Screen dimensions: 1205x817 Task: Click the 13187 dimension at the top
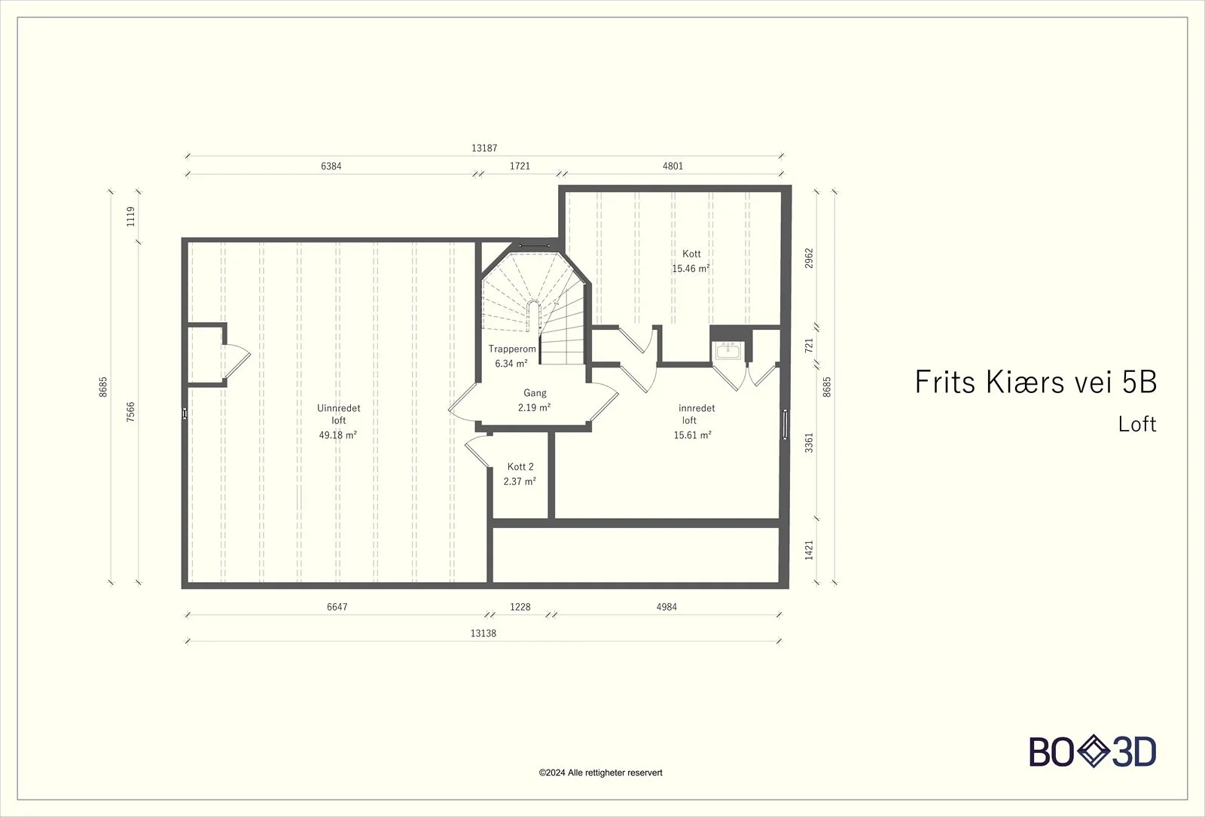pyautogui.click(x=484, y=148)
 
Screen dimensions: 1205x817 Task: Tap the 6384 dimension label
pyautogui.click(x=331, y=166)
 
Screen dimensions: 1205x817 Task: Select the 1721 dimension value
pyautogui.click(x=520, y=166)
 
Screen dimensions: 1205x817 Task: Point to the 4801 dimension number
pyautogui.click(x=673, y=166)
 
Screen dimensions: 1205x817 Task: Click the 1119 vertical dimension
pyautogui.click(x=131, y=217)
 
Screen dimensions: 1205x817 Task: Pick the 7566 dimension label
pyautogui.click(x=131, y=412)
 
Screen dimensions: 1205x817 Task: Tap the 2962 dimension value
pyautogui.click(x=809, y=258)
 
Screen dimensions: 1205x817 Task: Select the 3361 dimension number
pyautogui.click(x=809, y=443)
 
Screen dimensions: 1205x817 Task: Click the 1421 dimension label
pyautogui.click(x=809, y=550)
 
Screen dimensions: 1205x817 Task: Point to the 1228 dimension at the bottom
pyautogui.click(x=520, y=607)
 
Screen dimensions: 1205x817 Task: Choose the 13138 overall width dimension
pyautogui.click(x=483, y=633)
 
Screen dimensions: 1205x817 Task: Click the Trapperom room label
pyautogui.click(x=512, y=349)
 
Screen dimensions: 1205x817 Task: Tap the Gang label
pyautogui.click(x=535, y=393)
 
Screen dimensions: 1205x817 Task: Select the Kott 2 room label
pyautogui.click(x=520, y=467)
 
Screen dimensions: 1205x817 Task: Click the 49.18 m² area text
pyautogui.click(x=338, y=435)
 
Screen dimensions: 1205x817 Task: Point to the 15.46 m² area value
pyautogui.click(x=691, y=268)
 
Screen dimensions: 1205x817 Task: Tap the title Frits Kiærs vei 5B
pyautogui.click(x=1036, y=382)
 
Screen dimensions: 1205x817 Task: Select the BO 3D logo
pyautogui.click(x=1093, y=751)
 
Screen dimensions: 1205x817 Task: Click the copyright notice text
pyautogui.click(x=600, y=773)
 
